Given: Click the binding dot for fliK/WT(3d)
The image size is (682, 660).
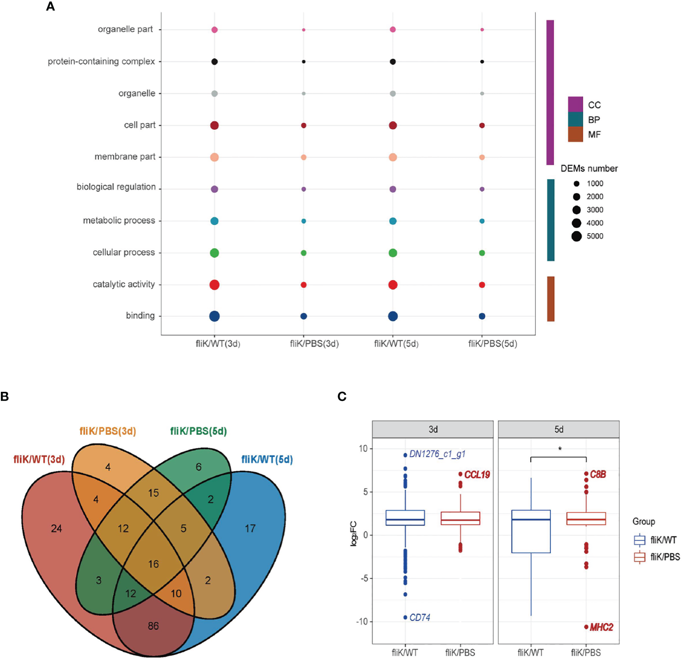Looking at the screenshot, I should (214, 316).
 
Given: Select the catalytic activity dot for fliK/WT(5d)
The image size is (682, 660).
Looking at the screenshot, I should (393, 285).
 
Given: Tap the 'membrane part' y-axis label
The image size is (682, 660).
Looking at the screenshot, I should (125, 156).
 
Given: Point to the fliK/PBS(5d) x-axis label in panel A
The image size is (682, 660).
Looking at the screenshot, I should (493, 344).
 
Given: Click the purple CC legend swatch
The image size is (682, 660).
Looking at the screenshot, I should (575, 104).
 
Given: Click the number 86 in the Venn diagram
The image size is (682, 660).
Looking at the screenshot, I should (153, 626).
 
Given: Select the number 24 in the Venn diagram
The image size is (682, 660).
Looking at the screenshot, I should (56, 529).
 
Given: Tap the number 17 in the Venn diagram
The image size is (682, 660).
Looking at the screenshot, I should (250, 529).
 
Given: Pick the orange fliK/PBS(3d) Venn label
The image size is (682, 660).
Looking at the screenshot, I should (108, 431).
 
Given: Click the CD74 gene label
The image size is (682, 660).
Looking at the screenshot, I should (420, 618).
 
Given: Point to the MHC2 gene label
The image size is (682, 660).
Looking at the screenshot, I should (602, 627).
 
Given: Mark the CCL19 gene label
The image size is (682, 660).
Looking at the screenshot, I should (477, 474).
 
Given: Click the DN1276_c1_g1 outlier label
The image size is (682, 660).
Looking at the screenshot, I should (437, 454).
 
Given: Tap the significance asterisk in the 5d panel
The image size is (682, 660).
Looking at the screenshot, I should (560, 449).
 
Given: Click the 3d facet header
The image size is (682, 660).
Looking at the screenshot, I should (433, 429).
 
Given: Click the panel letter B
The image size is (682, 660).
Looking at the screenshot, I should (4, 397).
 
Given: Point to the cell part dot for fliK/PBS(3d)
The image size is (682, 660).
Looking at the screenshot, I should (303, 125).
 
